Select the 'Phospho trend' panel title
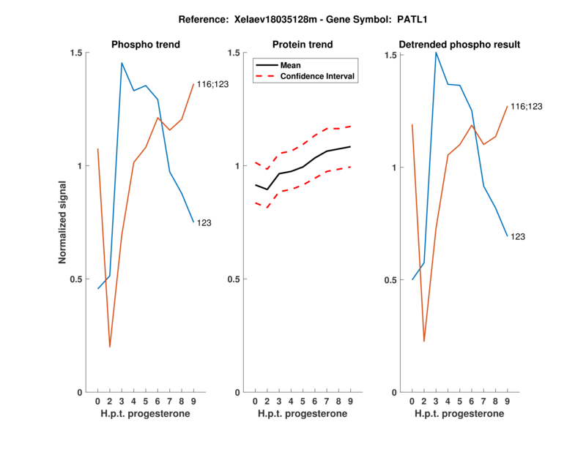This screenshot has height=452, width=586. pos(146,45)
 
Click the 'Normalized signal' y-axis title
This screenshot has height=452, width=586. pos(64,222)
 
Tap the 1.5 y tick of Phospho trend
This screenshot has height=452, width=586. pos(75,53)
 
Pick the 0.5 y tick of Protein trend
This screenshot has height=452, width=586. pos(232,279)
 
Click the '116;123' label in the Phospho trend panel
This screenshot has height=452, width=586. pos(212,85)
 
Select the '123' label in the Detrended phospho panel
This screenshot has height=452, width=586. pos(517,236)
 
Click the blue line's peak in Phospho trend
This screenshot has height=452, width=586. pos(122,63)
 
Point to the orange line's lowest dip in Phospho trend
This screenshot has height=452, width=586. pos(110,347)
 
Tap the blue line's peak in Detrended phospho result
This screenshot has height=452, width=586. pos(436,53)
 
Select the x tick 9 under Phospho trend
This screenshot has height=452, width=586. pos(193,401)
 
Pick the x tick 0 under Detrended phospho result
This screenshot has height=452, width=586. pos(412,401)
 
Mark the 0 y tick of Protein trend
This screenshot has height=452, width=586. pos(237,392)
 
